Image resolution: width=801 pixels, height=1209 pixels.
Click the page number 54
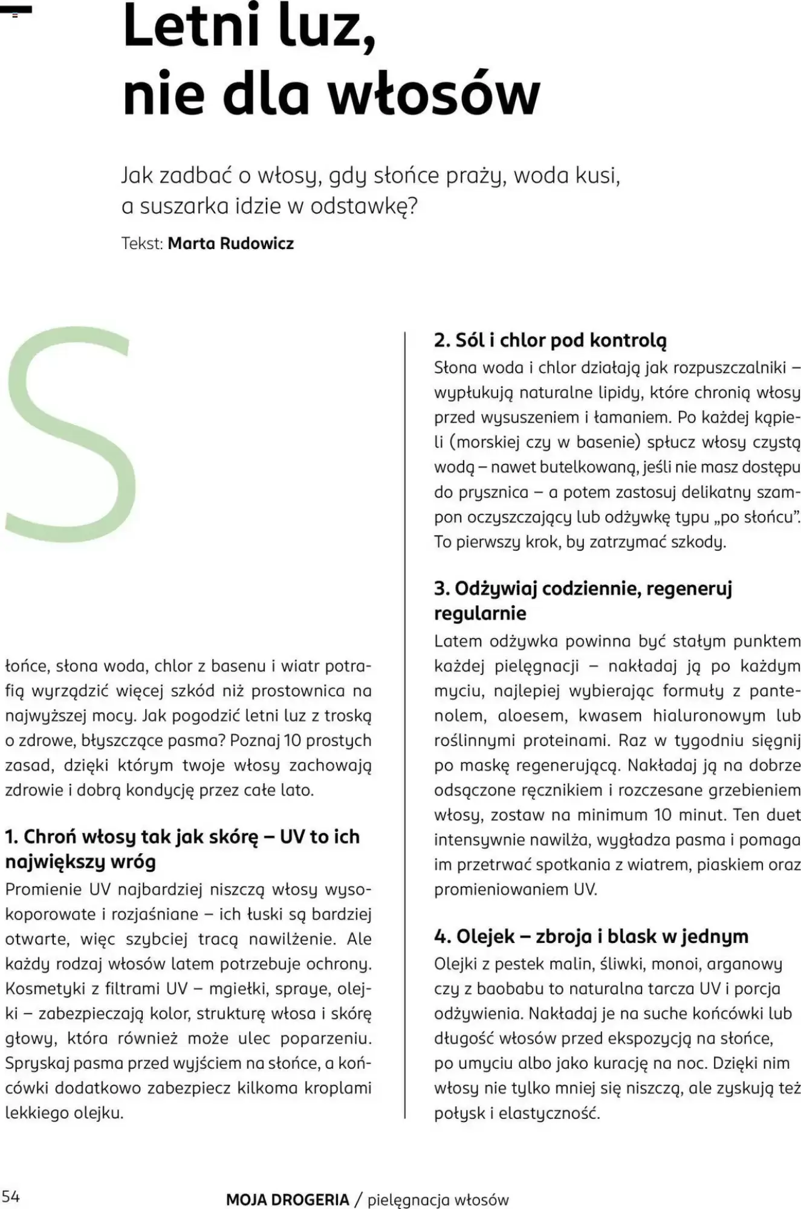click(11, 1196)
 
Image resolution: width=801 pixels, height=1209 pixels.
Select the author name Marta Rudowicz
click(230, 244)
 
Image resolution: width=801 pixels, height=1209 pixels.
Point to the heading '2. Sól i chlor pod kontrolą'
click(550, 340)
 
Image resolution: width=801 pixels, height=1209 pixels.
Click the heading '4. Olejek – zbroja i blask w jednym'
click(591, 936)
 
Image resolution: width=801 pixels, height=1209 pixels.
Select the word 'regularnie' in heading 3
click(480, 613)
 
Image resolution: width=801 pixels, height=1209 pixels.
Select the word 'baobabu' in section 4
click(512, 989)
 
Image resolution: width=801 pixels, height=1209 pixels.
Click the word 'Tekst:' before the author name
click(143, 244)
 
